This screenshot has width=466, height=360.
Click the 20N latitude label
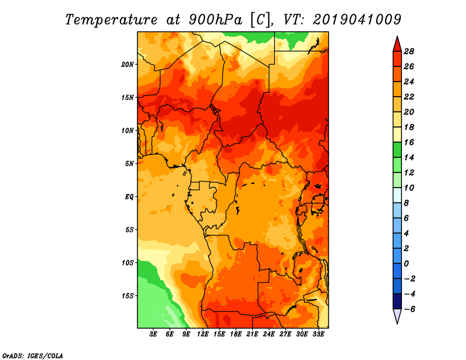point(128,64)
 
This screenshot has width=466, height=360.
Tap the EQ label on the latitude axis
point(129,196)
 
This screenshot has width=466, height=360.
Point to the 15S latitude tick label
point(128,296)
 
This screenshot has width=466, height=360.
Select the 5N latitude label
point(129,164)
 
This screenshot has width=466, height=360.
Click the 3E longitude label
point(153,334)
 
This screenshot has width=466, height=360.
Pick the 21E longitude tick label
point(252,334)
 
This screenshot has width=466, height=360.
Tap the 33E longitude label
point(318,334)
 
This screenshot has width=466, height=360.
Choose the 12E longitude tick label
point(203,334)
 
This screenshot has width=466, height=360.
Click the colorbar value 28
point(409,51)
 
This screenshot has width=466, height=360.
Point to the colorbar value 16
point(409,142)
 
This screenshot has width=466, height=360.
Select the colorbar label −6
point(409,309)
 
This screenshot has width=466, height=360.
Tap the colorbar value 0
point(406,264)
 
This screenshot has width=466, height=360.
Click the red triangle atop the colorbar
point(397,45)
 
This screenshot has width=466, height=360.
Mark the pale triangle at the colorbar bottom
point(397,316)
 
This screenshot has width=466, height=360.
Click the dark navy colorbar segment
point(397,301)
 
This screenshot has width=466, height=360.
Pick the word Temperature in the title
point(111,20)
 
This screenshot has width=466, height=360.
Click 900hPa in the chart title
point(216,20)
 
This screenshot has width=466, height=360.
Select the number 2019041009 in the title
point(357,20)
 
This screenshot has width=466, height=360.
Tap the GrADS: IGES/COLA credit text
point(33,355)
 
